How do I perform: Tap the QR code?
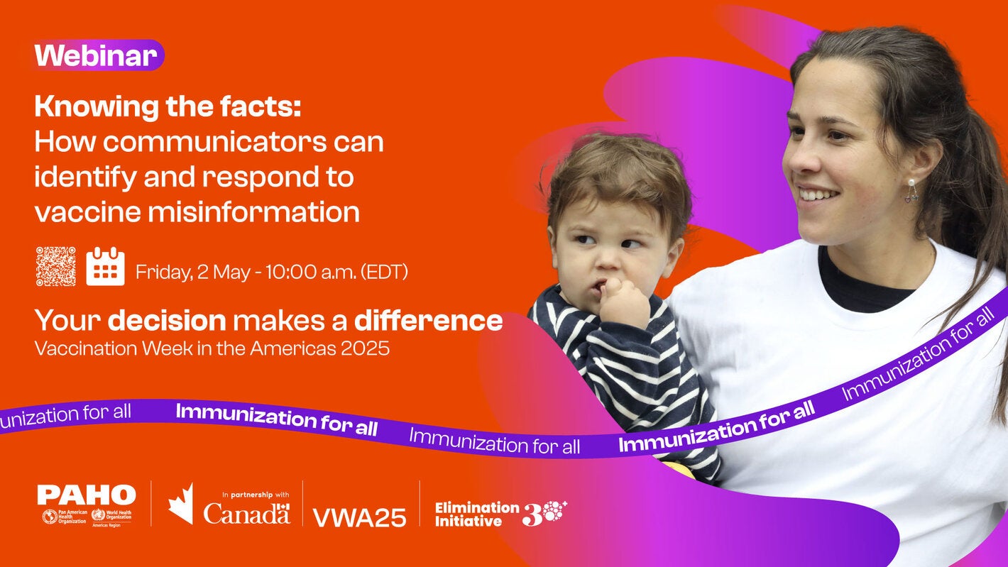(55, 266)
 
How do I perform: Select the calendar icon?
(105, 267)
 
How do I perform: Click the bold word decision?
(166, 321)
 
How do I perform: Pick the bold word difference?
(428, 321)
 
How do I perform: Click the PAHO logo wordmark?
(86, 495)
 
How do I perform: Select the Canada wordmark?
(246, 513)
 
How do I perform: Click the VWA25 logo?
(359, 517)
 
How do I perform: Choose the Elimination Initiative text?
(476, 514)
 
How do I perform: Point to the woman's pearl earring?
(911, 182)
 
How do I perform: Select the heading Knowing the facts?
(168, 106)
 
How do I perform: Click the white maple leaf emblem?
(181, 503)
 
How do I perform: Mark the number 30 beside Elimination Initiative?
(544, 513)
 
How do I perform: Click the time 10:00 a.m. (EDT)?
(336, 271)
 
